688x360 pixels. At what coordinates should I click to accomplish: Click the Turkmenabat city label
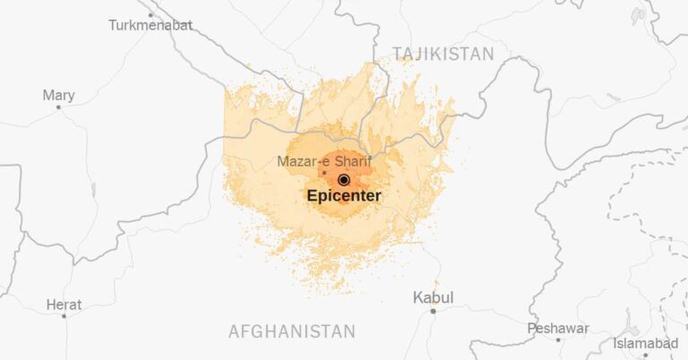150,25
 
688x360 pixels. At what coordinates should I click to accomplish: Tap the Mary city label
58,95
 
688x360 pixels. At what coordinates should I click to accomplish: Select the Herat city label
63,304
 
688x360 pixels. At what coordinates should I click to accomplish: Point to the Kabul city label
433,297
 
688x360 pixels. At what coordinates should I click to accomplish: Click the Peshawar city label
558,329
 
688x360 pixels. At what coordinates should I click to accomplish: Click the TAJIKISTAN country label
443,55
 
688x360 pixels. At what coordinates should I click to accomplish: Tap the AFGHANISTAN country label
292,331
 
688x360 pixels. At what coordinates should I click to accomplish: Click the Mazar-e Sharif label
323,161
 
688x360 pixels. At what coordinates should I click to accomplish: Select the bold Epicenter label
343,195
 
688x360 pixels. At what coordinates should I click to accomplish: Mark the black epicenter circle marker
343,180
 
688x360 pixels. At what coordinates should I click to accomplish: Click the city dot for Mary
59,107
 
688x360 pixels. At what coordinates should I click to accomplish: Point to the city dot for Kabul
433,311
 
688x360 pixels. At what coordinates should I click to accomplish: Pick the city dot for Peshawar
558,339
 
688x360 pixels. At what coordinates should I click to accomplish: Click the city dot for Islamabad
643,355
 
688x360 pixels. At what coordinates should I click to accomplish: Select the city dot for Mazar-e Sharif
324,173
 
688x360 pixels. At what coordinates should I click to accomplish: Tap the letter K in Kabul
417,297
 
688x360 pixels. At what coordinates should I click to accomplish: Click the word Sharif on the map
351,161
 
